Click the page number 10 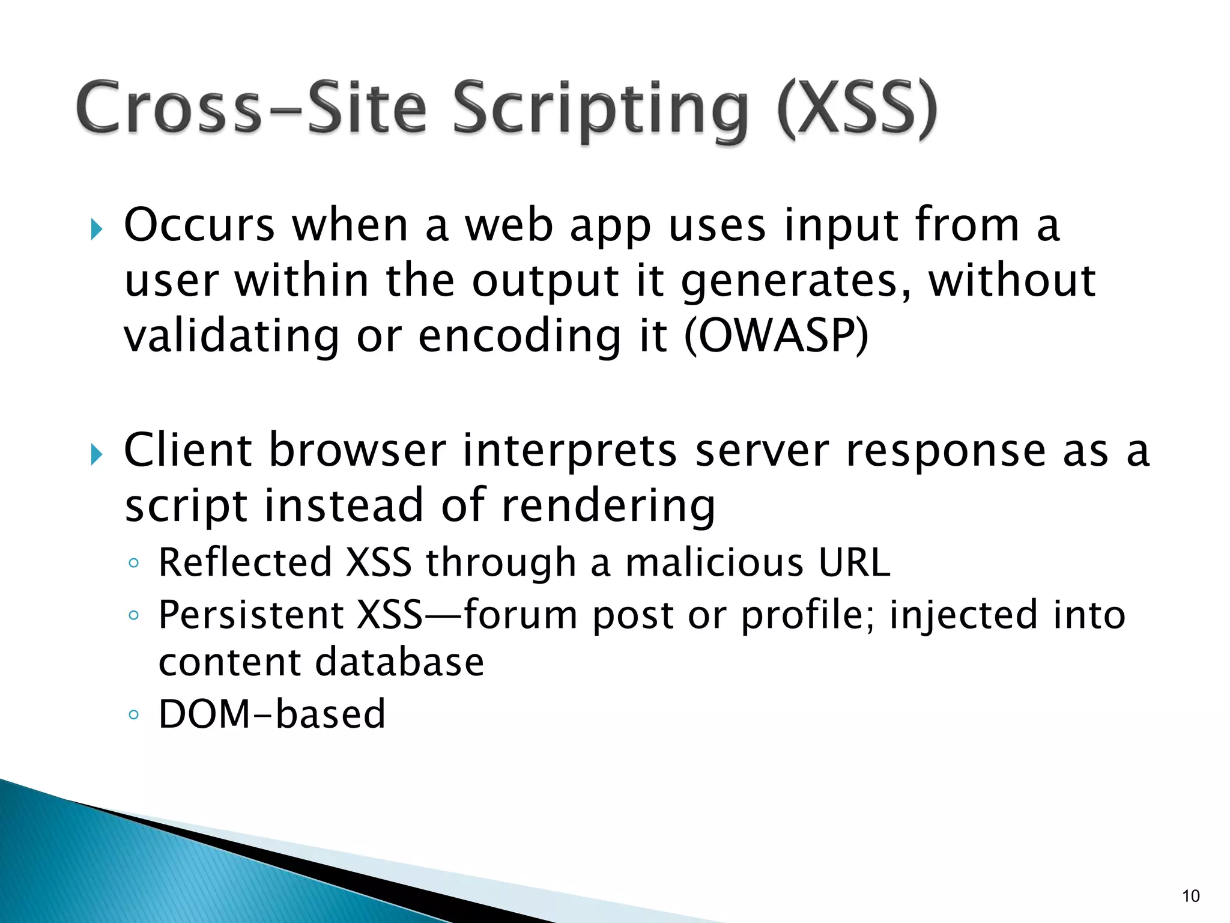coord(1190,896)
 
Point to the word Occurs coord(199,225)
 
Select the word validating coord(232,337)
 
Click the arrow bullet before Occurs coord(97,229)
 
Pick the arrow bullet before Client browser coord(97,454)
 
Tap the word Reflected coord(245,562)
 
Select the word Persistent coord(252,615)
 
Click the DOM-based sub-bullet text coord(271,714)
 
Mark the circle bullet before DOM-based coord(134,714)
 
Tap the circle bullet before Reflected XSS coord(134,563)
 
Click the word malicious coord(714,562)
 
